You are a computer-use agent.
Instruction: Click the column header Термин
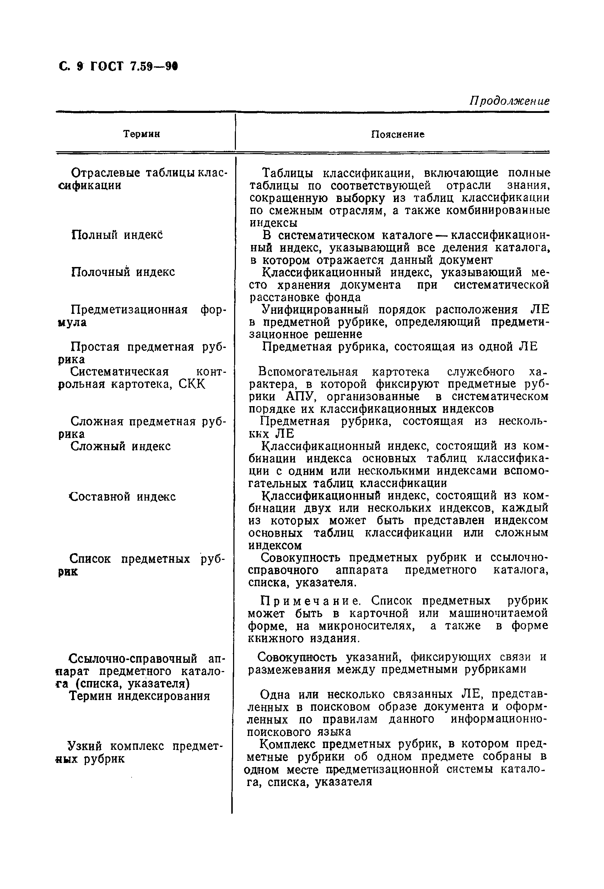click(x=141, y=134)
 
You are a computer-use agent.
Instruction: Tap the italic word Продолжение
click(x=509, y=101)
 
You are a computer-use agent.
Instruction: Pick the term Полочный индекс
click(x=123, y=272)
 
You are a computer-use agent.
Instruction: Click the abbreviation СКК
click(x=192, y=384)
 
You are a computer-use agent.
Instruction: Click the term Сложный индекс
click(x=120, y=446)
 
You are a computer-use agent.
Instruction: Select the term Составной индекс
click(x=122, y=497)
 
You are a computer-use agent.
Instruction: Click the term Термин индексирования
click(x=139, y=696)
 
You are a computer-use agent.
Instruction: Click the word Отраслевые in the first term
click(x=105, y=173)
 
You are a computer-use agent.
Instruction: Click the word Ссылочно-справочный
click(x=133, y=658)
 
